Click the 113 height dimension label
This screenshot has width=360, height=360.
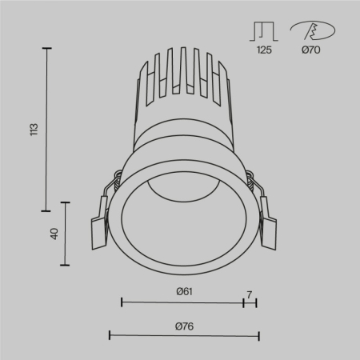tap(33, 129)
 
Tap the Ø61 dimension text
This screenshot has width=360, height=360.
tap(185, 291)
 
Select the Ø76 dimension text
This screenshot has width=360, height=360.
tap(184, 325)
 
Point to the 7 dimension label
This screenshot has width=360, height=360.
tap(250, 295)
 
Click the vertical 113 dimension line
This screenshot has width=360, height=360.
tap(46, 129)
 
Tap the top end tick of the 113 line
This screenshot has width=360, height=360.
tap(46, 49)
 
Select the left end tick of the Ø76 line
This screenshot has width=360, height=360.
tap(109, 334)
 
